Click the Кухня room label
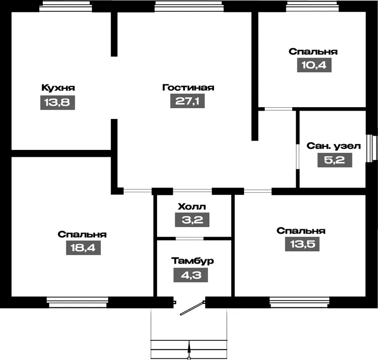coord(58,88)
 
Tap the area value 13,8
coord(58,103)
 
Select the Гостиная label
coord(188,87)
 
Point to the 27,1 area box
coord(188,101)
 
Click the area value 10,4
coord(314,65)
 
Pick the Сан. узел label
coord(334,146)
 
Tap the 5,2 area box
coord(335,160)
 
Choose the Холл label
coord(192,207)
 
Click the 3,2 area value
coord(192,220)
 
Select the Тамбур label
coord(192,261)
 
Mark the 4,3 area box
coord(190,275)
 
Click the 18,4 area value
coord(83,248)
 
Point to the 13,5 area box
coord(302,244)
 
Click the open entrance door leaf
coord(192,308)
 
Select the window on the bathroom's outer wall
coord(372,148)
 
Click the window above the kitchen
coord(65,6)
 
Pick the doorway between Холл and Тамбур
coord(189,239)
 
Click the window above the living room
coord(189,6)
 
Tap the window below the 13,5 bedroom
coord(299,302)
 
